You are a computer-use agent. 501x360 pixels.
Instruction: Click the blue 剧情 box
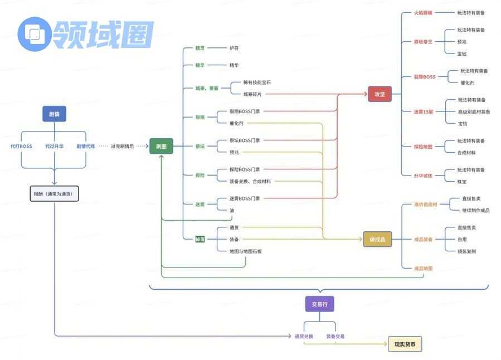pos(54,114)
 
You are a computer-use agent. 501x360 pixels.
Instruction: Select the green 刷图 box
pos(161,146)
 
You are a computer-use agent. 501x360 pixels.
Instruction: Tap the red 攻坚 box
pos(380,94)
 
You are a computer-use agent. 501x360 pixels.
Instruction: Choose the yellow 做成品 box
pos(377,239)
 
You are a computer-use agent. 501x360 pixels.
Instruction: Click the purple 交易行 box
pos(319,304)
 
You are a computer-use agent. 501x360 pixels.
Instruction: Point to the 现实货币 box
pos(405,344)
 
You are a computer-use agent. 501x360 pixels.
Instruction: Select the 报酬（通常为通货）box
pos(54,194)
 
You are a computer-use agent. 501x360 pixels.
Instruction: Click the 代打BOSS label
pos(21,146)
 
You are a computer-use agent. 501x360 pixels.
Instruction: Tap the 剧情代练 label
pos(85,146)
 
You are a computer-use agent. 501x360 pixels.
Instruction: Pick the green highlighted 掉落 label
pos(200,239)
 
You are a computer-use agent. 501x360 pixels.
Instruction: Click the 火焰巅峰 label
pos(422,12)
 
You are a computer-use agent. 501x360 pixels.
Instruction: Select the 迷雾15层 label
pos(424,111)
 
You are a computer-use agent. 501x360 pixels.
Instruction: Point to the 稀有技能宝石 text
pos(257,82)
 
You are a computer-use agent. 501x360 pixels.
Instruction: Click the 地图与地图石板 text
pos(245,251)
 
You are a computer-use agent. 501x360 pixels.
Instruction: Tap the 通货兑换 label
pos(304,337)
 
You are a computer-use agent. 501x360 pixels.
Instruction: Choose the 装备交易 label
pos(335,337)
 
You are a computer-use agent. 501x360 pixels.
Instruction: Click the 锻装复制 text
pos(466,251)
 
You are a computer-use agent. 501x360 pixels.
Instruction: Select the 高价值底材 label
pos(426,205)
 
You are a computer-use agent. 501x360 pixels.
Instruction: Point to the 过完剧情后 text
pos(122,146)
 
